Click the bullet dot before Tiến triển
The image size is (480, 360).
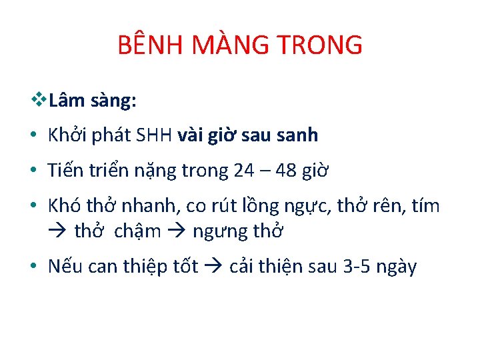[33, 172]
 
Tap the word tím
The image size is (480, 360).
[425, 207]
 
